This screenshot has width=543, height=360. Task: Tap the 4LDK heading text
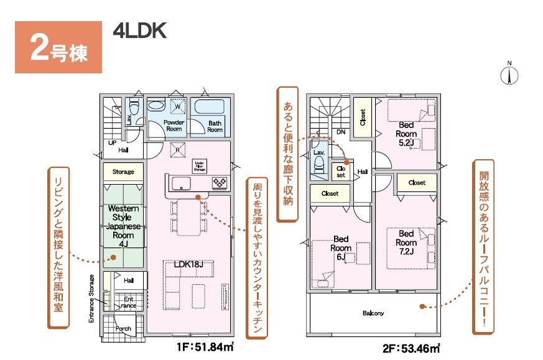(x=140, y=32)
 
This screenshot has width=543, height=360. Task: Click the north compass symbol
(x=509, y=74)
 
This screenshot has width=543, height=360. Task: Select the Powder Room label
(x=174, y=126)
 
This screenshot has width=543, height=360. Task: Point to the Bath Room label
(x=215, y=126)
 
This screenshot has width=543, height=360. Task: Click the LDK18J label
(x=189, y=264)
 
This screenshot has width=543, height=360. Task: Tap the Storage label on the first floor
(x=123, y=172)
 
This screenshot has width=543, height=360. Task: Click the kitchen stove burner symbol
(x=220, y=183)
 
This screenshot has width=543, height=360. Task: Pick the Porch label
(x=123, y=328)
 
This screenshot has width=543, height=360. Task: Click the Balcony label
(x=373, y=313)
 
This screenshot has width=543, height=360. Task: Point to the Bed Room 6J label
(x=341, y=247)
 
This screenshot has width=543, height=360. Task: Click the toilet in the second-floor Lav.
(x=319, y=164)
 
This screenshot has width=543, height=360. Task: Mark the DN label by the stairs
(x=340, y=132)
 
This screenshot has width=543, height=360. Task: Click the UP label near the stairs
(x=112, y=143)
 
